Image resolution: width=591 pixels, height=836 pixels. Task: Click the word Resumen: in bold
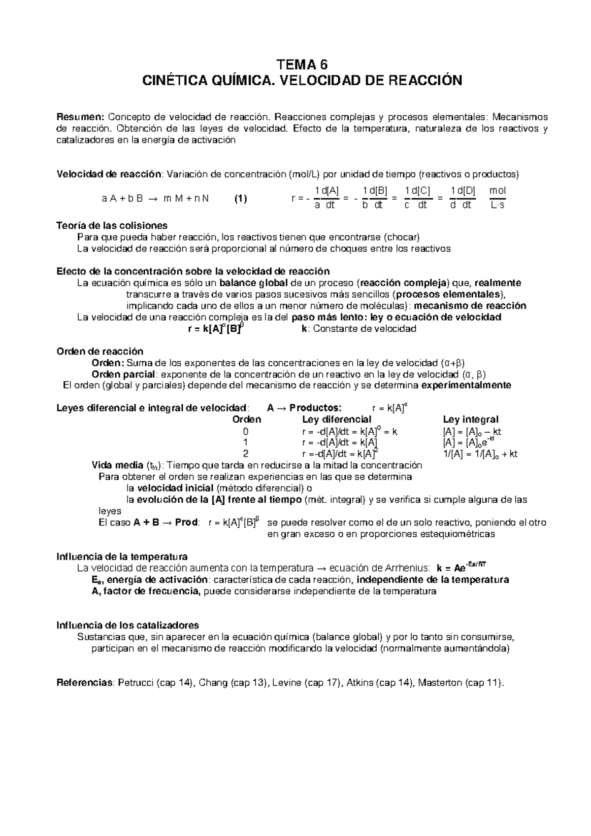pos(80,117)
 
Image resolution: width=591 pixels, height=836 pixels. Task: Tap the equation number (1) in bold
pos(240,199)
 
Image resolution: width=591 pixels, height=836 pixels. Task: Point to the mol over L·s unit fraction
pos(498,198)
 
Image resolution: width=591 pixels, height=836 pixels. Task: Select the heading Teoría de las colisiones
pos(112,226)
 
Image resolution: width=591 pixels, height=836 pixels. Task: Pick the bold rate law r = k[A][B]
pos(216,329)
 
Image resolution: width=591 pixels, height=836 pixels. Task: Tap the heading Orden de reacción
pos(100,351)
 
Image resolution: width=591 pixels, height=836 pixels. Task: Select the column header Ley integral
pos(470,419)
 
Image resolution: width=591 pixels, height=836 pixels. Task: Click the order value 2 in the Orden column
pos(246,454)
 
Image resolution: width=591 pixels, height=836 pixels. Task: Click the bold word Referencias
pos(85,683)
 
